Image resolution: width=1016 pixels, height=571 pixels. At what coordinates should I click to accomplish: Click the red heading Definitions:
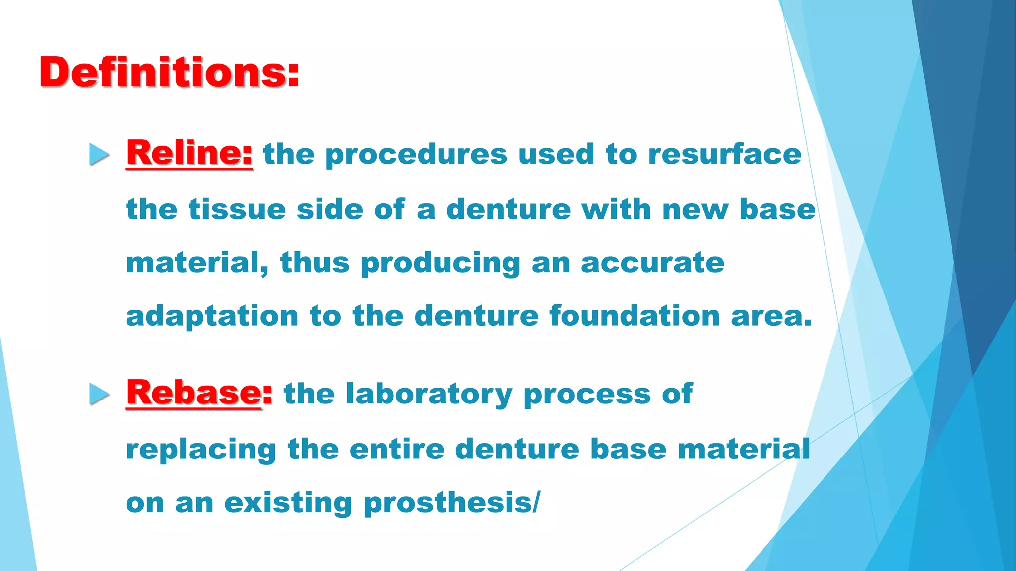pyautogui.click(x=169, y=72)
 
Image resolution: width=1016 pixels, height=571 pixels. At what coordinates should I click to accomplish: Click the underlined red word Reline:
pyautogui.click(x=189, y=153)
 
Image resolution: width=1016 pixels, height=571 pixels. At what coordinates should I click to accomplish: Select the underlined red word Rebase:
pyautogui.click(x=199, y=393)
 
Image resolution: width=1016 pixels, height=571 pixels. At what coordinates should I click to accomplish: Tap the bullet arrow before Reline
pyautogui.click(x=99, y=154)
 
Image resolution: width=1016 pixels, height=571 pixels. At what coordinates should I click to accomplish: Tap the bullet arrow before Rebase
pyautogui.click(x=99, y=395)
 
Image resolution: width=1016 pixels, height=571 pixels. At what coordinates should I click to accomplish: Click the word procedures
pyautogui.click(x=416, y=155)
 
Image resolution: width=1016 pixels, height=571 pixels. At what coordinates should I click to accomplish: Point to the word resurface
pyautogui.click(x=724, y=154)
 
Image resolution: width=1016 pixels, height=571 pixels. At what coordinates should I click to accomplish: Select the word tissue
pyautogui.click(x=237, y=209)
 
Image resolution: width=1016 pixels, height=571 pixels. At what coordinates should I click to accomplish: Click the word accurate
pyautogui.click(x=652, y=263)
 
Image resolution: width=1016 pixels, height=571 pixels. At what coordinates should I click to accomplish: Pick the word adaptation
pyautogui.click(x=212, y=317)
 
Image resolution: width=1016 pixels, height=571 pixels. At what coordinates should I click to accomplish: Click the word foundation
pyautogui.click(x=635, y=316)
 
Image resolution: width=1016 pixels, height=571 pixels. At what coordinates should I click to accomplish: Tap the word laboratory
pyautogui.click(x=429, y=395)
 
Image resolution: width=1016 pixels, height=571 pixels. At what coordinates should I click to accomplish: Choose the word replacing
pyautogui.click(x=201, y=450)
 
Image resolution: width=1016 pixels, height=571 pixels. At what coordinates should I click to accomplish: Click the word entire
pyautogui.click(x=397, y=449)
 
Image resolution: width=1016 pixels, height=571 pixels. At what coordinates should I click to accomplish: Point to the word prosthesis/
pyautogui.click(x=451, y=504)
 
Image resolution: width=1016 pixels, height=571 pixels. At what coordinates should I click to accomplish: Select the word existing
pyautogui.click(x=288, y=504)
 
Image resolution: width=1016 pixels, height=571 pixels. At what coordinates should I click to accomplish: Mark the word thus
pyautogui.click(x=315, y=263)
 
